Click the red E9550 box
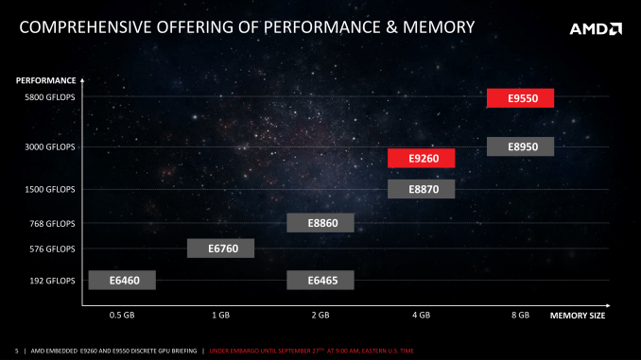point(520,98)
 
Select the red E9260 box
point(421,159)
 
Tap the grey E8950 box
point(520,146)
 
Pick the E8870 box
point(421,189)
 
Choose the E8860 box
point(320,223)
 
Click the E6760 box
point(220,249)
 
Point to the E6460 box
point(121,280)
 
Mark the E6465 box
point(320,280)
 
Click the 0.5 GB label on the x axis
point(121,314)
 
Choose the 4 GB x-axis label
point(421,314)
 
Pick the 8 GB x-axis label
point(520,314)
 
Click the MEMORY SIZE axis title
point(577,314)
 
